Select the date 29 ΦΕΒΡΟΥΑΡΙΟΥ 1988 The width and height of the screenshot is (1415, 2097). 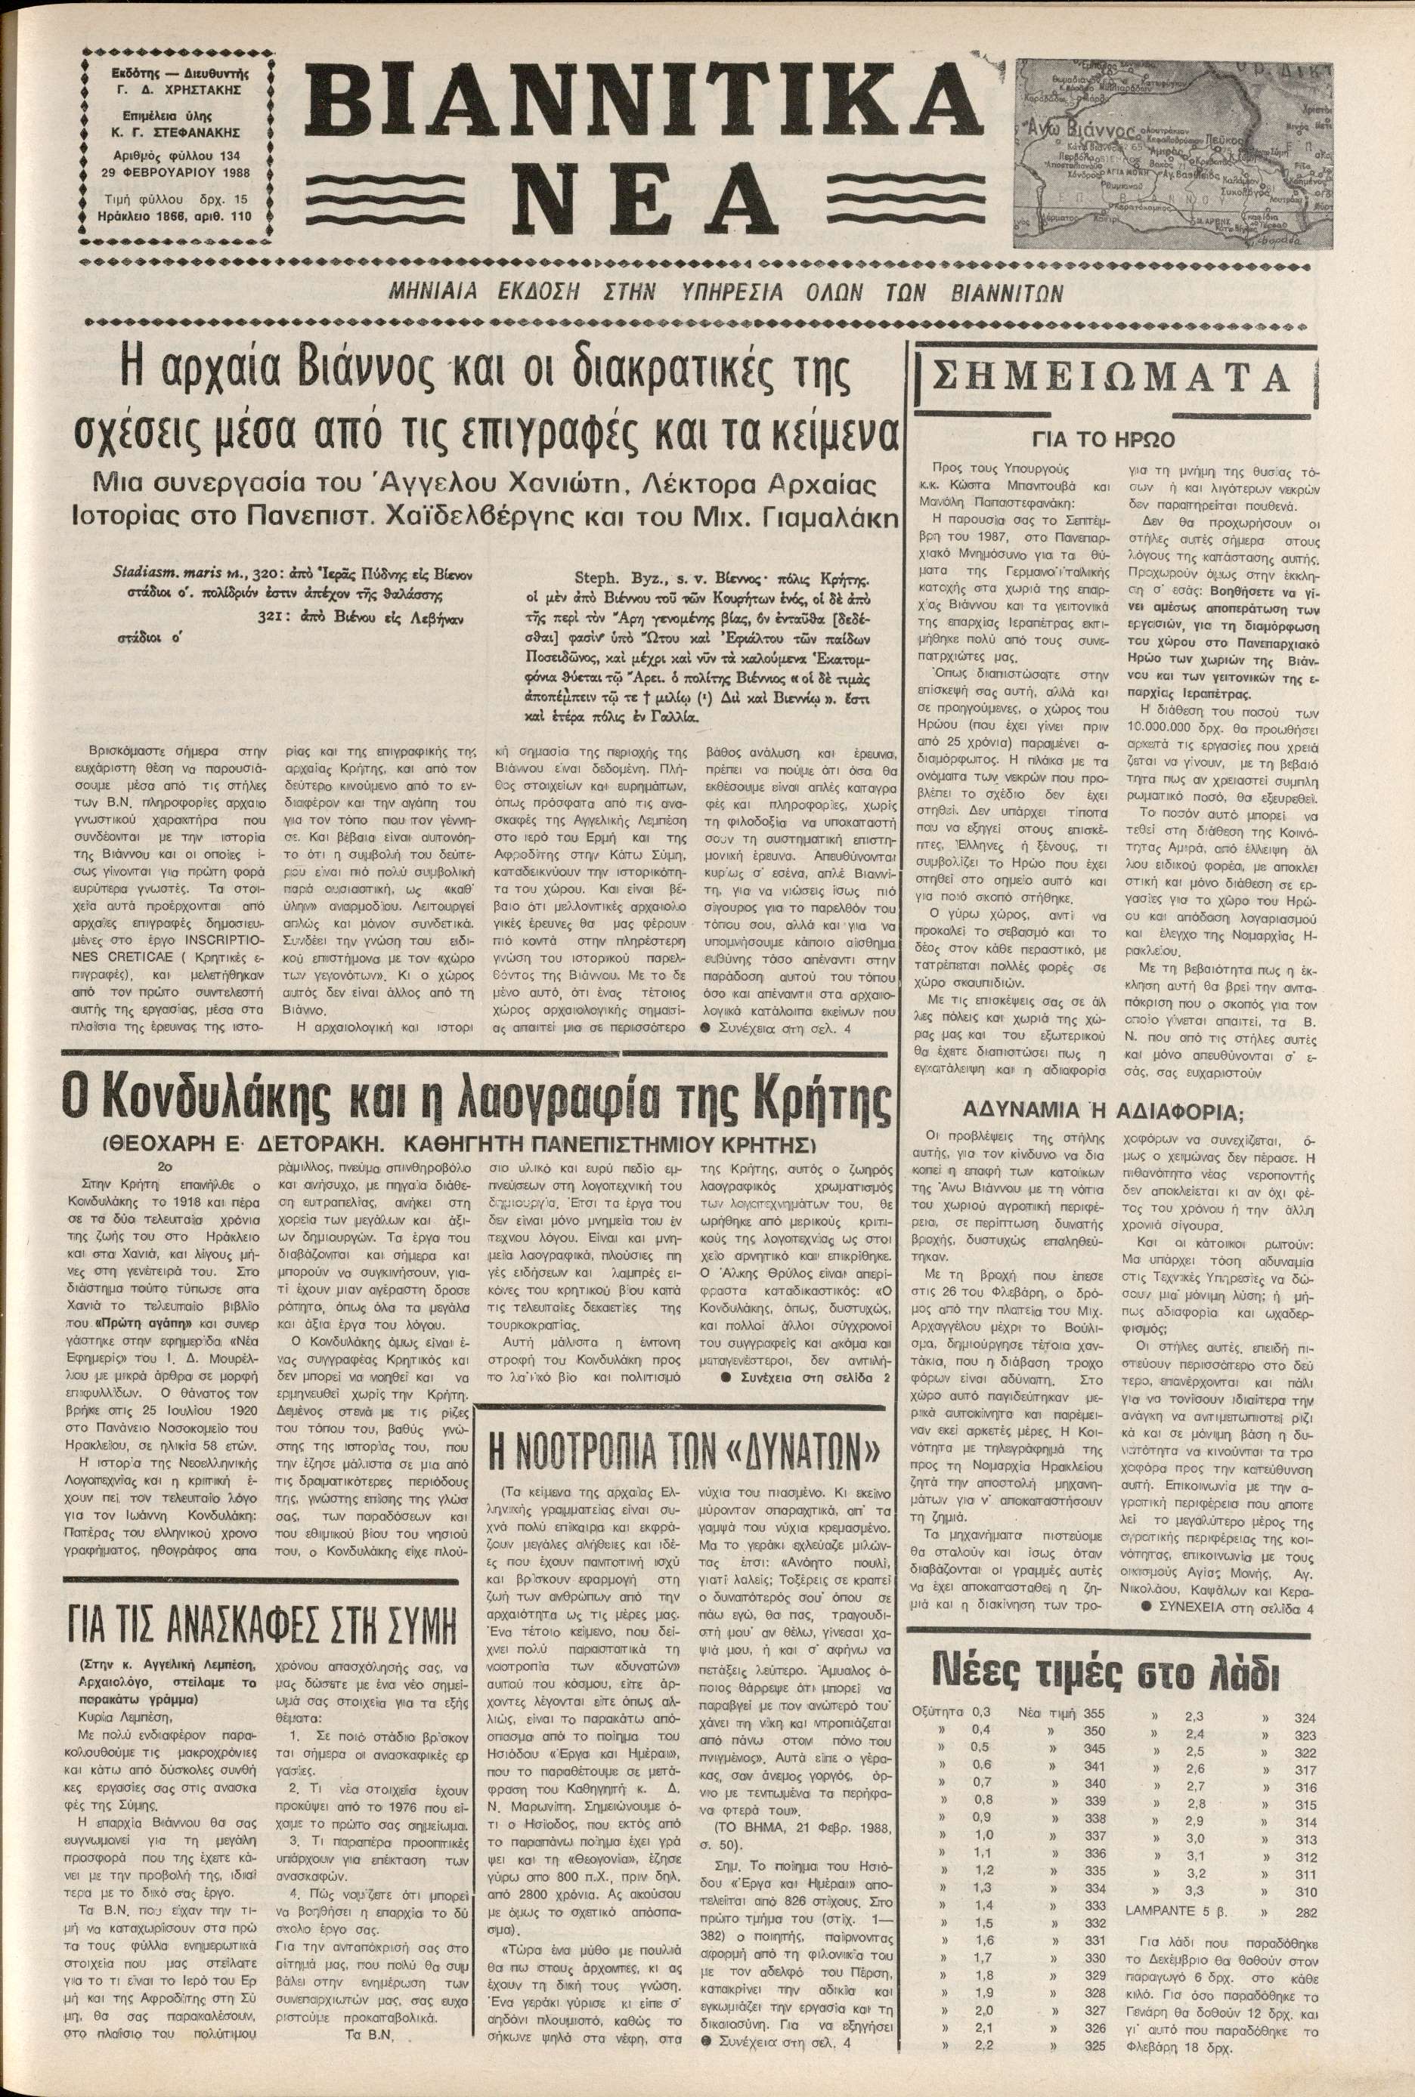pos(175,172)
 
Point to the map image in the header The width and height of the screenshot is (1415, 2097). pos(1173,153)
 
